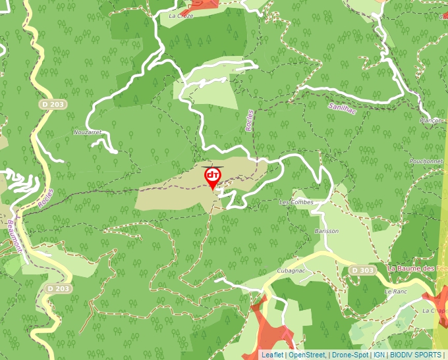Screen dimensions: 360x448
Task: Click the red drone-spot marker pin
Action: (x=213, y=176)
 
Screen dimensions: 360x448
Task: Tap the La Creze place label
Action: (x=181, y=15)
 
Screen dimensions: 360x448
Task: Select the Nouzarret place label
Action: (x=88, y=132)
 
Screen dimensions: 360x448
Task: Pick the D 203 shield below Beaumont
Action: (x=59, y=288)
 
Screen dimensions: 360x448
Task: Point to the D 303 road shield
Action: (x=362, y=270)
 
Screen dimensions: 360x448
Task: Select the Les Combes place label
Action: (x=296, y=202)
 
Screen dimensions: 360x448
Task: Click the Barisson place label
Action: (x=326, y=231)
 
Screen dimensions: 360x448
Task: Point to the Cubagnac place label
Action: (x=292, y=270)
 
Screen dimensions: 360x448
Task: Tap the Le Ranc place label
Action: (x=397, y=291)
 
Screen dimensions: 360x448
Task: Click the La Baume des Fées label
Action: (x=417, y=269)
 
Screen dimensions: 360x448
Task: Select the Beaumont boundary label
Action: (x=14, y=236)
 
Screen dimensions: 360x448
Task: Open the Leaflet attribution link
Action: (x=271, y=355)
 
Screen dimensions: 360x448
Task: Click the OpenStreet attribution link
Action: (x=306, y=355)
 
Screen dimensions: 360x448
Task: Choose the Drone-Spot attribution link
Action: (x=350, y=355)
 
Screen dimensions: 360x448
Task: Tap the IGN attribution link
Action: (x=379, y=355)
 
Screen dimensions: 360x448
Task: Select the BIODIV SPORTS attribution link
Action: (x=416, y=355)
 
